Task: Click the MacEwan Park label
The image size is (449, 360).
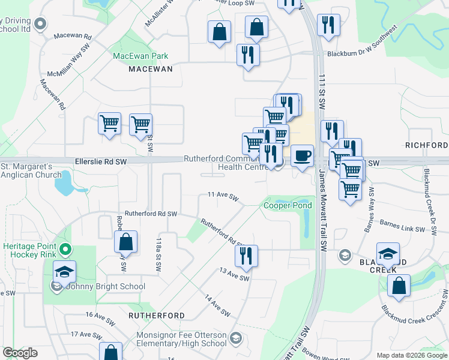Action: click(140, 56)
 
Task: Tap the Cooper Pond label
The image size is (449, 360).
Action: click(288, 205)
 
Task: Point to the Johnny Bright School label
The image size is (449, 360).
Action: click(106, 286)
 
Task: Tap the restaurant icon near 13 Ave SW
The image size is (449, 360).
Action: click(246, 256)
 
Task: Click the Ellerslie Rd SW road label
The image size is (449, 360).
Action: click(101, 161)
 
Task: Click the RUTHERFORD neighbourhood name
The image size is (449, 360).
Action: click(157, 315)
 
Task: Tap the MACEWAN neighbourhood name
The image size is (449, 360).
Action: click(151, 69)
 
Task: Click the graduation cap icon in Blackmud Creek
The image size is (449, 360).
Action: click(388, 254)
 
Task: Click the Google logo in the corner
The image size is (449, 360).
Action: click(20, 353)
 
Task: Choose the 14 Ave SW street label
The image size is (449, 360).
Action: click(217, 305)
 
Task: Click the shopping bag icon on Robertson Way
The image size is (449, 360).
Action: click(125, 242)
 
